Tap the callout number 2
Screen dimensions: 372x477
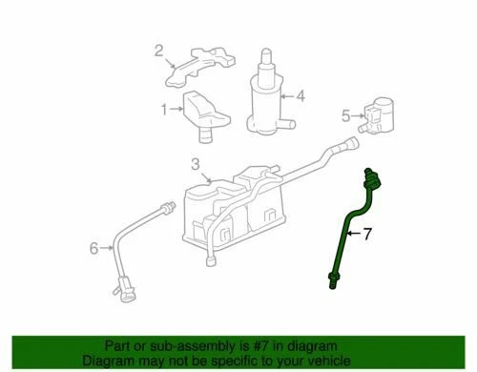tap(160, 52)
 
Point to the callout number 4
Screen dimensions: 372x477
tap(300, 94)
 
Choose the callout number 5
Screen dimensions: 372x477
tap(346, 116)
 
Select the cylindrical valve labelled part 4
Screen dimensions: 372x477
tap(264, 95)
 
